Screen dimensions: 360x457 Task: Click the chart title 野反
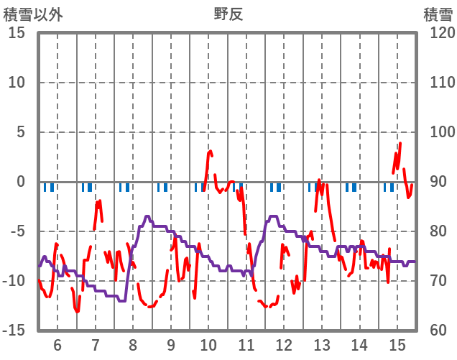point(228,14)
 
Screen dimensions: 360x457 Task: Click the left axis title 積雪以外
point(33,14)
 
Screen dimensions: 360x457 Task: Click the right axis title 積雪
point(438,14)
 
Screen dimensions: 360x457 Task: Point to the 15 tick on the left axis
point(17,33)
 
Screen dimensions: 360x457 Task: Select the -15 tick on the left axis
point(14,331)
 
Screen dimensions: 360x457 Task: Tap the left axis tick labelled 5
point(21,132)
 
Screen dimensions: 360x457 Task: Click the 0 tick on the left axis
point(21,182)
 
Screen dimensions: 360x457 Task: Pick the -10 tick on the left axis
point(14,281)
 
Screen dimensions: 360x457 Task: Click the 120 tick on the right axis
point(438,33)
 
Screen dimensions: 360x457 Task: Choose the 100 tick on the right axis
point(438,132)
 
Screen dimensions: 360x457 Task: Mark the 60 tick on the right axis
point(435,331)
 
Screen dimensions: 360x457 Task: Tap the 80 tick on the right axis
point(435,231)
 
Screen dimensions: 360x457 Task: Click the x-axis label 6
point(57,344)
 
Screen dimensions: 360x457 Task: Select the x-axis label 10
point(208,344)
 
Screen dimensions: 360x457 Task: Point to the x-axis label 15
point(397,344)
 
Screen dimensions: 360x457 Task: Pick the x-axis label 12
point(284,344)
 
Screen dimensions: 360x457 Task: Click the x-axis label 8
point(133,344)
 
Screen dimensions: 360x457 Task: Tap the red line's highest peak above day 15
point(400,143)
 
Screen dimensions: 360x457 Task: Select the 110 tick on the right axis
point(438,83)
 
